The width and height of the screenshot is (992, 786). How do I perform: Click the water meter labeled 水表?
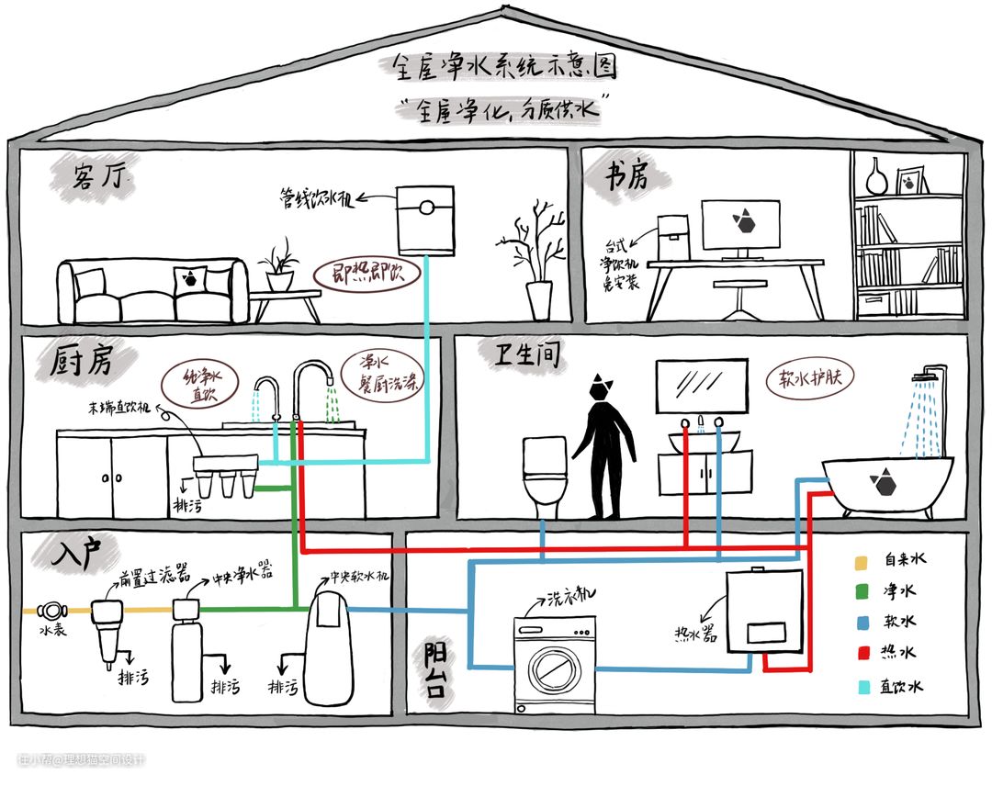[50, 610]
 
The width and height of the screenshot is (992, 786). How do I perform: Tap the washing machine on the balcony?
[554, 663]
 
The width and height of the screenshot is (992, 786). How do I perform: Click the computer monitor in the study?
[740, 224]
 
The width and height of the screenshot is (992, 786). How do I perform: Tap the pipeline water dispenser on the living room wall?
[425, 219]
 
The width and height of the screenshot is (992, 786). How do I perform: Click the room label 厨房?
[81, 362]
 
